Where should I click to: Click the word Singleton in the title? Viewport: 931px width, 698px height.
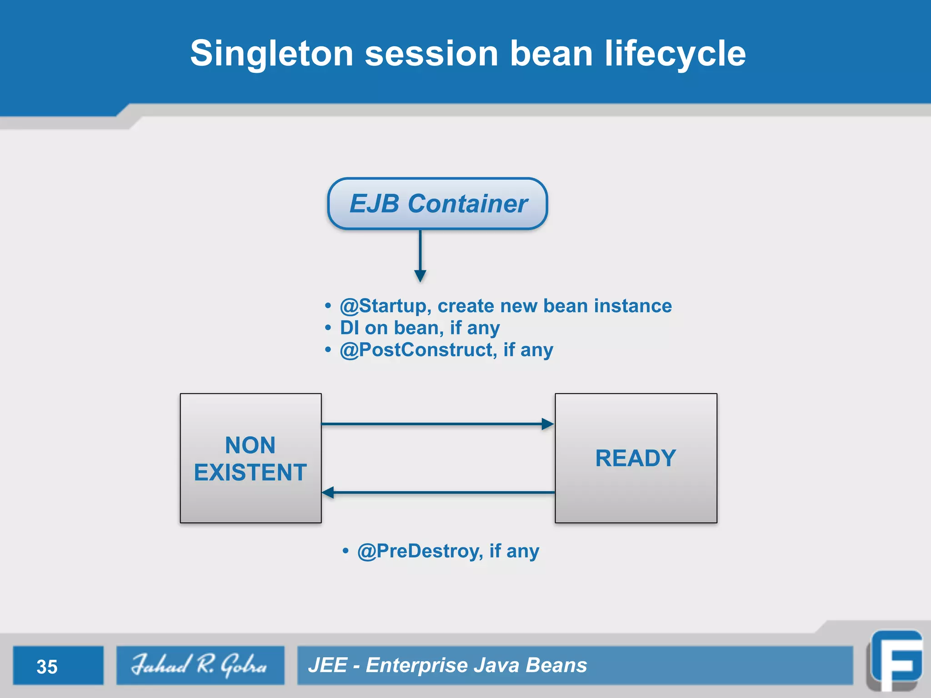pyautogui.click(x=271, y=54)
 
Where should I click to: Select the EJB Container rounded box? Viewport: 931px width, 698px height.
pyautogui.click(x=437, y=203)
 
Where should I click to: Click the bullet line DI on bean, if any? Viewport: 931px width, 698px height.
pyautogui.click(x=420, y=328)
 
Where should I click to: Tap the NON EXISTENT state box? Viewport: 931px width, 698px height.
pyautogui.click(x=250, y=458)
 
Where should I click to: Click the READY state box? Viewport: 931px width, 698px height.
pyautogui.click(x=636, y=458)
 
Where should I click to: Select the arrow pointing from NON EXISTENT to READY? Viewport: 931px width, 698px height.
pyautogui.click(x=437, y=424)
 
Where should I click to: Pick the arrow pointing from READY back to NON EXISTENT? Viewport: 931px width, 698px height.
pyautogui.click(x=437, y=492)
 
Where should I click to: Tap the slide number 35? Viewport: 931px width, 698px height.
pyautogui.click(x=47, y=667)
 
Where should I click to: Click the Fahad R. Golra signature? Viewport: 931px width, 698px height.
pyautogui.click(x=200, y=665)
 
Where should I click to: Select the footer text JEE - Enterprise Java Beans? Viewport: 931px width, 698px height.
pyautogui.click(x=447, y=665)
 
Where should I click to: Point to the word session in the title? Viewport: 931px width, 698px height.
pyautogui.click(x=431, y=54)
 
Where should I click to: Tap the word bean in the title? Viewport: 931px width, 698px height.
pyautogui.click(x=551, y=54)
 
